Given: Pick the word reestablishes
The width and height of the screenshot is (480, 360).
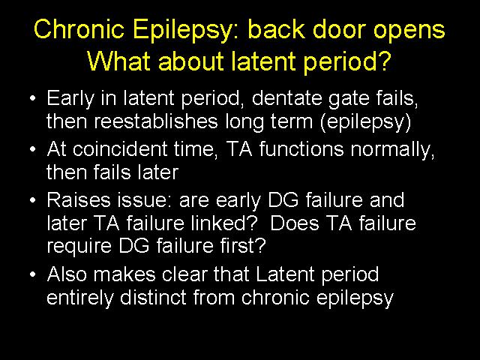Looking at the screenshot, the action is point(156,121).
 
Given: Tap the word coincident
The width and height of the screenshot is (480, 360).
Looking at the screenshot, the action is point(120,149).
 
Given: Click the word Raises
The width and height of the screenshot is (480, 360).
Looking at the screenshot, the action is point(78,200).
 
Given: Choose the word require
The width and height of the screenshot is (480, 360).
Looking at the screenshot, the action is point(79,247).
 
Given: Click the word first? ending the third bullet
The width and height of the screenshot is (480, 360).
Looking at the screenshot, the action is point(243,245).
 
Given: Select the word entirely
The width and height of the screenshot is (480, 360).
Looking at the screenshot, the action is point(80,298).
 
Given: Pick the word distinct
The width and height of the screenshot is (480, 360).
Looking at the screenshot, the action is point(153,297).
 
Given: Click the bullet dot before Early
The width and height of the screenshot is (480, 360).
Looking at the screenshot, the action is point(33,98).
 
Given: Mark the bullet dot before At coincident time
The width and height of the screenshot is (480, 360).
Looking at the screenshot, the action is point(33,149).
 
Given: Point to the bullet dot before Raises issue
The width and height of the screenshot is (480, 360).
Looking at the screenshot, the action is point(33,200).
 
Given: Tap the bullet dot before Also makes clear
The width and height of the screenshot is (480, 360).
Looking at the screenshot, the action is point(33,274).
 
